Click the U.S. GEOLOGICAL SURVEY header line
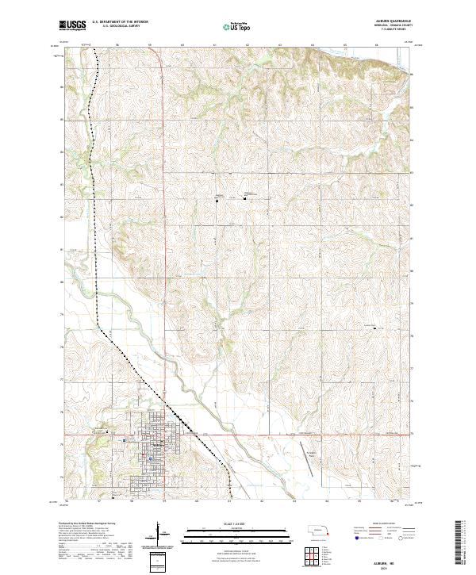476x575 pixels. pyautogui.click(x=119, y=26)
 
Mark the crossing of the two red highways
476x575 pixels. pyautogui.click(x=163, y=435)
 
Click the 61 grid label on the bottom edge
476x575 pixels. pyautogui.click(x=228, y=502)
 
